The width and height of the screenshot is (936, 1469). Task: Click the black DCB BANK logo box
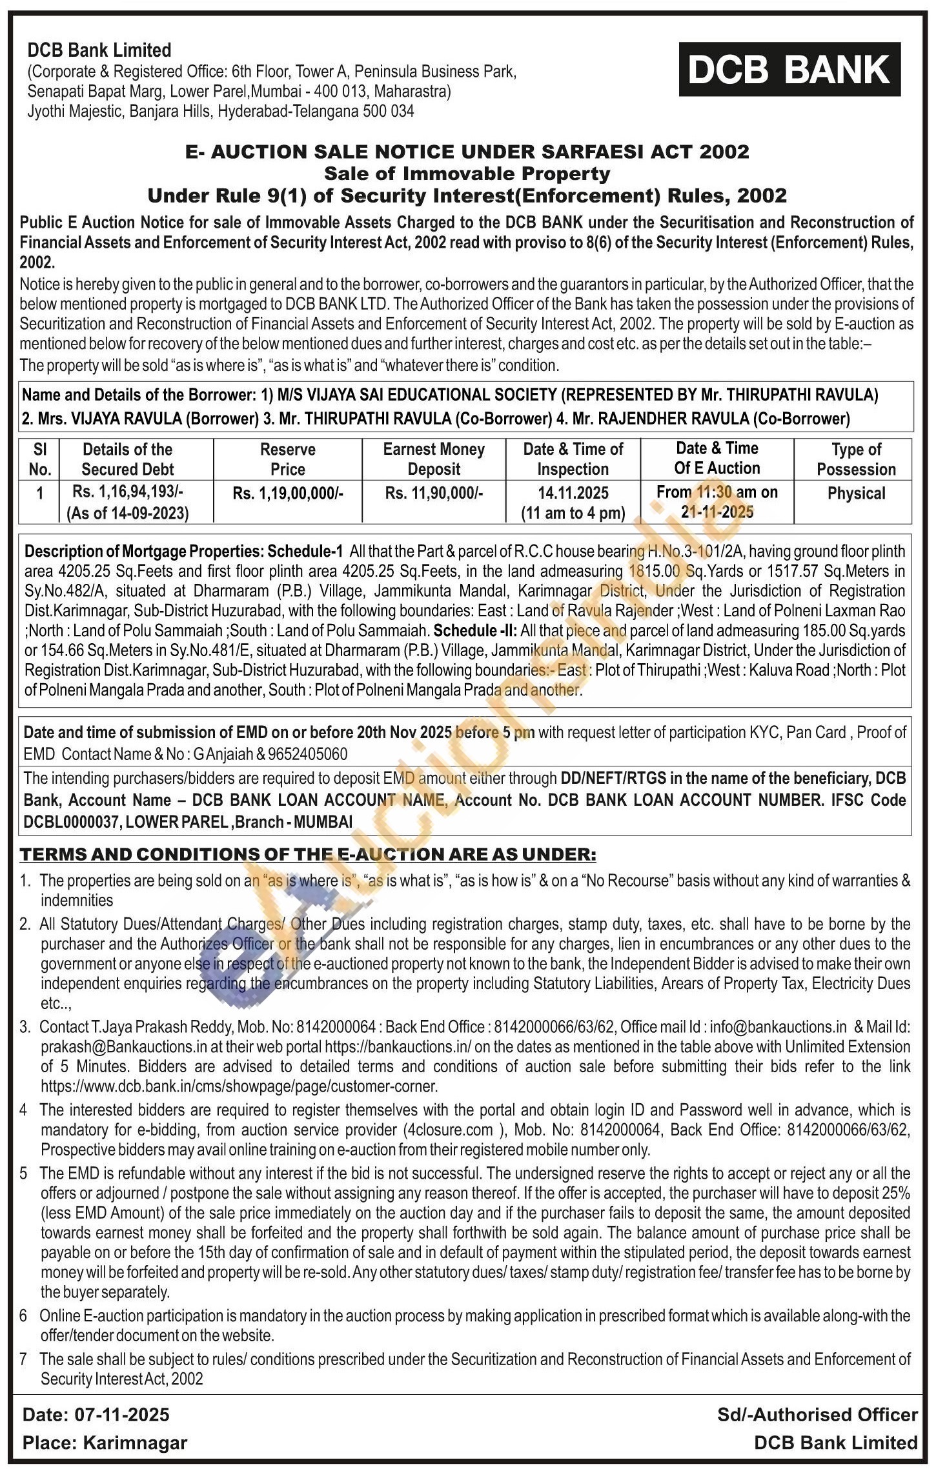[789, 70]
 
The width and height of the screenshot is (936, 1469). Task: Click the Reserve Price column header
[287, 459]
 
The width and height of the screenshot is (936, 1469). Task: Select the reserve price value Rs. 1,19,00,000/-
[288, 494]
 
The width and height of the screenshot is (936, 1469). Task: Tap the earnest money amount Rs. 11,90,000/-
[434, 494]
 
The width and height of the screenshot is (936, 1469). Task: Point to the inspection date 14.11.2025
[573, 494]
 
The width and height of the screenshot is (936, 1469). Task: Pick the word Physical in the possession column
[856, 494]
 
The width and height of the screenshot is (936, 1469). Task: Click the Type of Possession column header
[856, 459]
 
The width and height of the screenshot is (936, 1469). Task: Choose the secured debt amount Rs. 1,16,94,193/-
[128, 492]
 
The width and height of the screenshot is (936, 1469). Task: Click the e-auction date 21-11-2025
[717, 512]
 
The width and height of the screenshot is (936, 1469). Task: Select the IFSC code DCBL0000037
[70, 822]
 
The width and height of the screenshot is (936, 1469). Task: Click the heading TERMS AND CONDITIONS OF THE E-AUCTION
[307, 854]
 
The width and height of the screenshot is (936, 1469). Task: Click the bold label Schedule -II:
[475, 630]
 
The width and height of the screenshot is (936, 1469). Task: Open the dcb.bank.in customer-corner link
[239, 1086]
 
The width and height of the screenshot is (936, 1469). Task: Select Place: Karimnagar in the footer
[105, 1443]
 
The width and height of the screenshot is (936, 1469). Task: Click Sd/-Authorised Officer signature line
[817, 1415]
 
